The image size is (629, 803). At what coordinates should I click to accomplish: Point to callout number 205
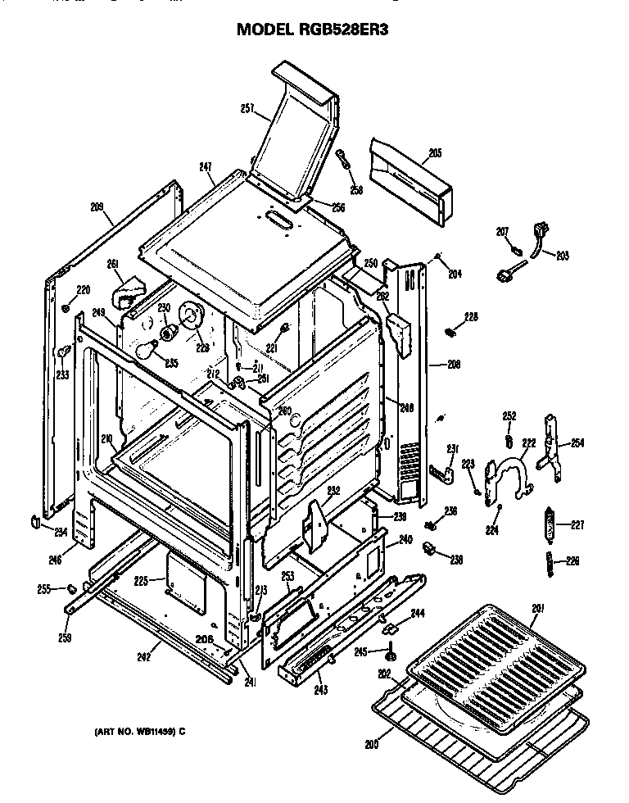pyautogui.click(x=435, y=152)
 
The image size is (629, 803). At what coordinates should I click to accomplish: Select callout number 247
pyautogui.click(x=206, y=167)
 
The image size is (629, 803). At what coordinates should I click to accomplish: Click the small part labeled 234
pyautogui.click(x=36, y=522)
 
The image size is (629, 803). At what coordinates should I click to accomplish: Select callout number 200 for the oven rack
pyautogui.click(x=373, y=744)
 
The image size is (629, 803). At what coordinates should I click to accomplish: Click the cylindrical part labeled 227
pyautogui.click(x=549, y=524)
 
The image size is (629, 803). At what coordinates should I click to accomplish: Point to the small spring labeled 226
pyautogui.click(x=550, y=561)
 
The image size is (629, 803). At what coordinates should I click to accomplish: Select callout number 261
pyautogui.click(x=113, y=264)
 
